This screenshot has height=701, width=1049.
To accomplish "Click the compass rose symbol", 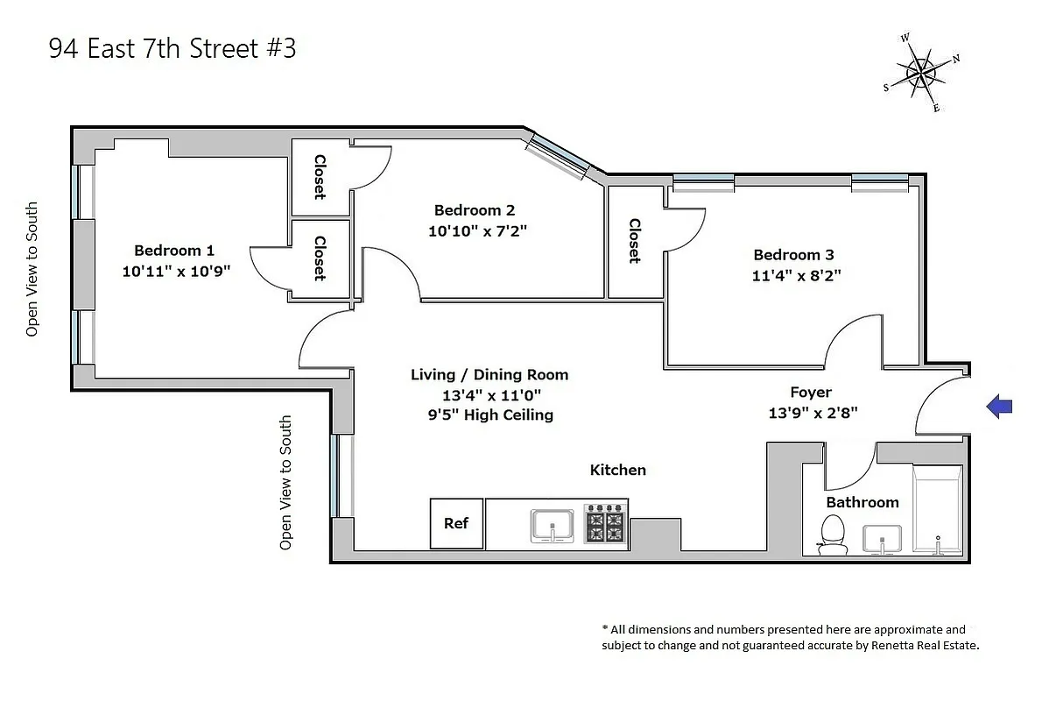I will [922, 73].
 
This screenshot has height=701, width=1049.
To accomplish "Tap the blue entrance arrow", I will [999, 406].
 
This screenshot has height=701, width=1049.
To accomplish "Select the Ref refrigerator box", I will [456, 523].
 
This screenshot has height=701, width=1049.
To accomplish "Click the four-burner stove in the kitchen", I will [604, 524].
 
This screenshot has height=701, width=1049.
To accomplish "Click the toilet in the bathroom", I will [833, 535].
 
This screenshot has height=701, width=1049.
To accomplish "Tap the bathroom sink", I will [883, 539].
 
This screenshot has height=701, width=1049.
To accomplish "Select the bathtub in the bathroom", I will [937, 508].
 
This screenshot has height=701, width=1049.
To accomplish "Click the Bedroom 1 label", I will [173, 250].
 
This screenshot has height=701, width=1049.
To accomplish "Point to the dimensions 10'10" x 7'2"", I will [477, 231].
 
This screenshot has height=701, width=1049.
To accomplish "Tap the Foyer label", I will [810, 392].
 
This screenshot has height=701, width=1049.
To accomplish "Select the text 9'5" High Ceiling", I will [484, 414].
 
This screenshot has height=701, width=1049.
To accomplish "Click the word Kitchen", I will [617, 470].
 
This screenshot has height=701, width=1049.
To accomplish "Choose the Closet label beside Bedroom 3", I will [635, 241].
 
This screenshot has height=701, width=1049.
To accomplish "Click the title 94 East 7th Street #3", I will [172, 49].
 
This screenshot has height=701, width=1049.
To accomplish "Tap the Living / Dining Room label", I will [489, 374].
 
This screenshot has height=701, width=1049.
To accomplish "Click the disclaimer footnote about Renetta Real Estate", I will [789, 637].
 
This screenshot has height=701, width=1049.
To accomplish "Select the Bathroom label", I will [862, 502].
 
